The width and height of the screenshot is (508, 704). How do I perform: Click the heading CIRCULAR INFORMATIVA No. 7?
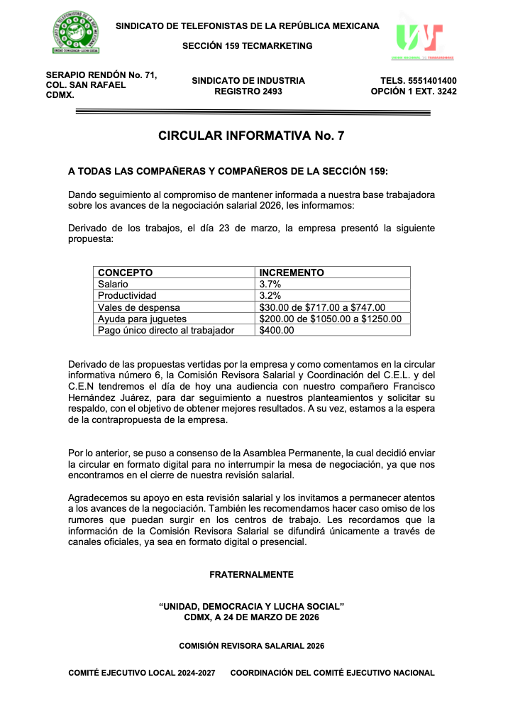pos(251,136)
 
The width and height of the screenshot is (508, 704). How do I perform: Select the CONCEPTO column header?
pos(126,273)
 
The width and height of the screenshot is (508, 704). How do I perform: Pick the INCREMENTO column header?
pos(292,273)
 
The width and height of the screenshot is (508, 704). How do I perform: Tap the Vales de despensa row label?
pos(139,307)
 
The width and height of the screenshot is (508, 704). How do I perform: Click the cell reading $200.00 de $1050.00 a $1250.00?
pos(331,319)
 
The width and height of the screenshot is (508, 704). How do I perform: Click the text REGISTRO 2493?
pos(248,92)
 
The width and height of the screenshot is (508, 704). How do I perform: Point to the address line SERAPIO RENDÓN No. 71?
pos(101,75)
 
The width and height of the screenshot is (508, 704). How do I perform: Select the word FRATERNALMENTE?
pos(251,574)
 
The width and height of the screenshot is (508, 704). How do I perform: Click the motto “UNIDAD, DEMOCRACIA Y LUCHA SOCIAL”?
pos(251,607)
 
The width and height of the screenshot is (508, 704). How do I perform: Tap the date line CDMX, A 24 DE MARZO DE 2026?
pos(251,617)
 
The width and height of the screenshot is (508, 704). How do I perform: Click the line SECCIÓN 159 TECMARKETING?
pos(248,46)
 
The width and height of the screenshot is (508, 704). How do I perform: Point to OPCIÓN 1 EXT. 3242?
pos(414,92)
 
